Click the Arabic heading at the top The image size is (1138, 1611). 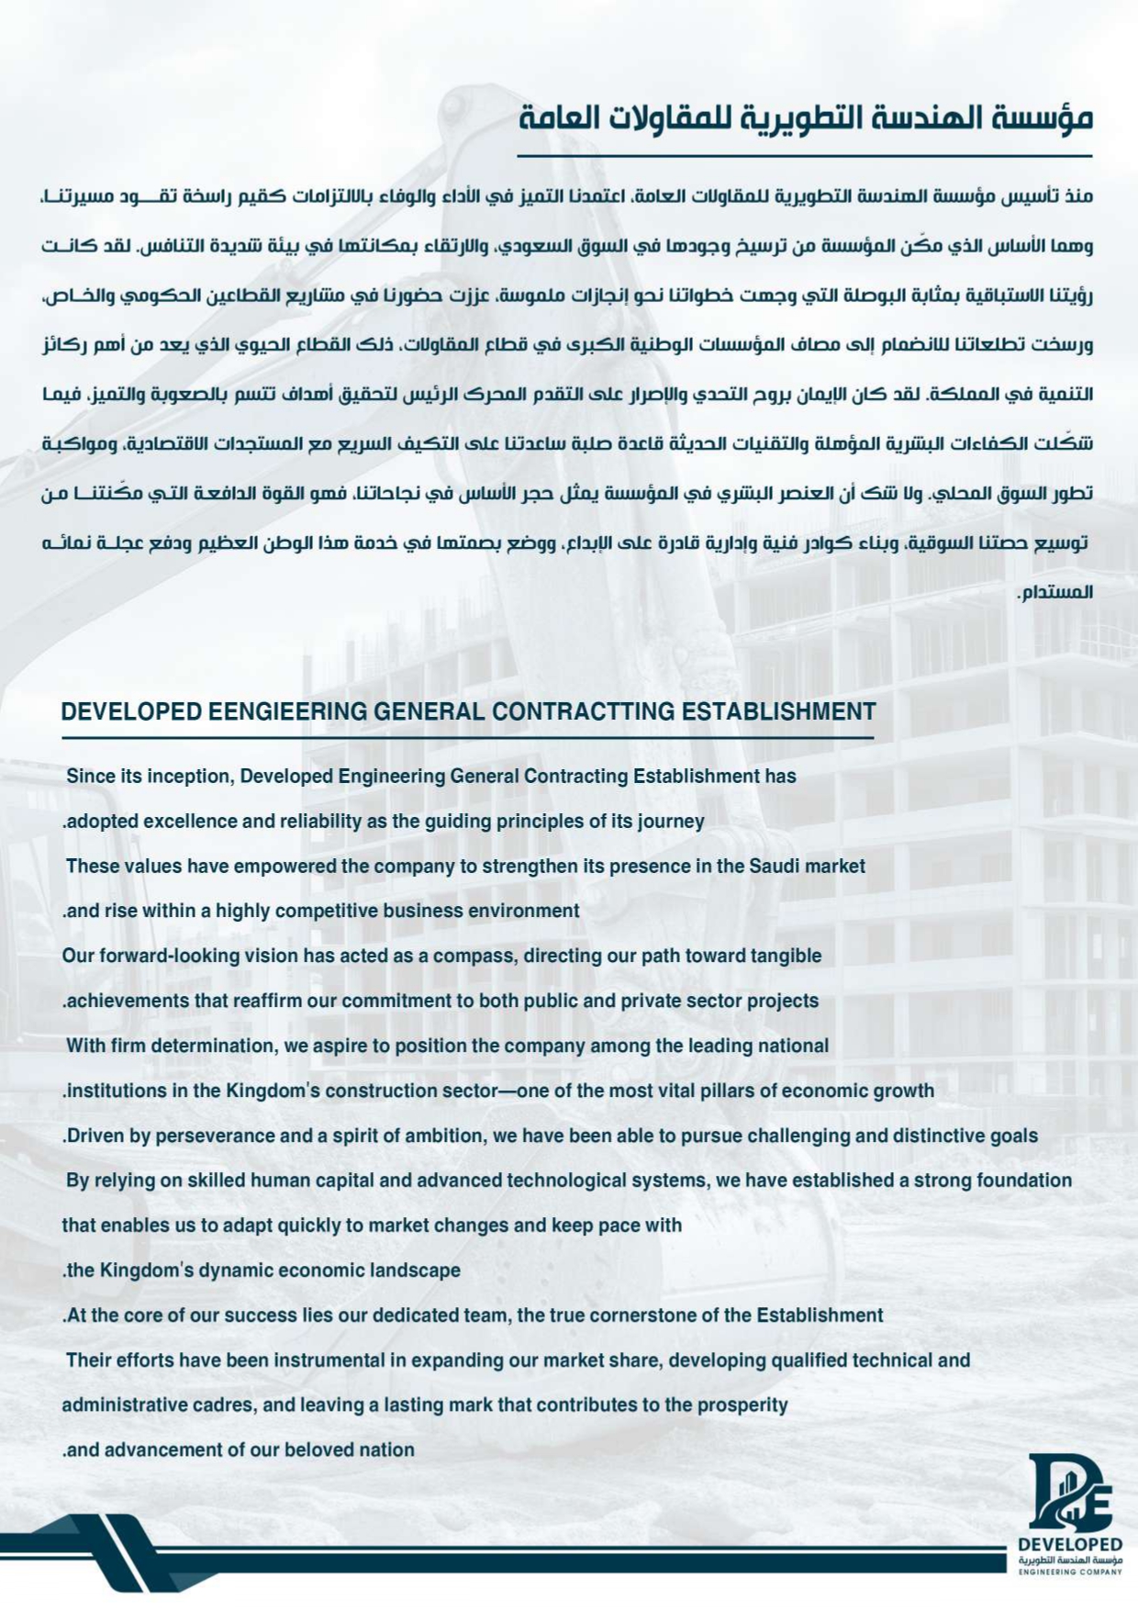pyautogui.click(x=805, y=118)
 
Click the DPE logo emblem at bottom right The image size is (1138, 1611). pyautogui.click(x=1069, y=1494)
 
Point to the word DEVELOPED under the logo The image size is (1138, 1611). pyautogui.click(x=1070, y=1545)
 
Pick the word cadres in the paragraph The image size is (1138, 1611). pyautogui.click(x=224, y=1405)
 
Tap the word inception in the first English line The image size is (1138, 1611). pyautogui.click(x=194, y=777)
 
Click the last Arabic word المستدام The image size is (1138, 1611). pyautogui.click(x=1057, y=592)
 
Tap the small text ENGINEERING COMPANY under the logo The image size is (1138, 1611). pyautogui.click(x=1070, y=1572)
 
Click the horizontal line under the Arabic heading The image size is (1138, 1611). pyautogui.click(x=805, y=156)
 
